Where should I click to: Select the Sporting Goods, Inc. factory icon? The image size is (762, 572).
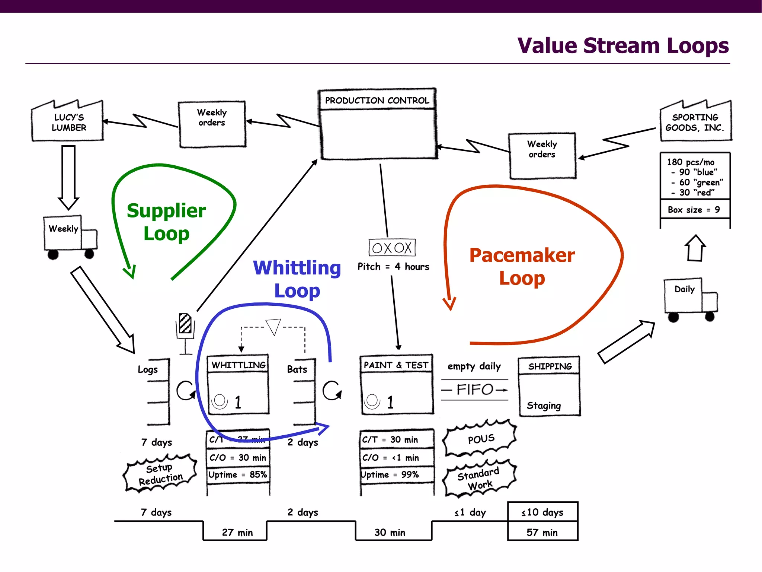pos(695,121)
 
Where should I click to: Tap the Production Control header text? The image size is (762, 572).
pos(377,100)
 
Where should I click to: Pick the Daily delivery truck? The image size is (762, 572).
pos(690,299)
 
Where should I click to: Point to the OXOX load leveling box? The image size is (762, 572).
pos(392,247)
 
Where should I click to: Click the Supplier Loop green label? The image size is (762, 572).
pos(166,222)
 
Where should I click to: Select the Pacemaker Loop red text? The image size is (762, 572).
pos(522,266)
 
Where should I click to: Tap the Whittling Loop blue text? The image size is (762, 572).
pos(297,279)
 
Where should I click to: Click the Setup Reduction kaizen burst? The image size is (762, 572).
pos(160,474)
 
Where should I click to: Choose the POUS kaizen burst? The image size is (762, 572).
pos(480,439)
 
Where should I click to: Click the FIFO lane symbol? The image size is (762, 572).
pos(475,390)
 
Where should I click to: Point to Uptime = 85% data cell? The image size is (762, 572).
pos(238,475)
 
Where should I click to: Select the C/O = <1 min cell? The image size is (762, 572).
pos(391,458)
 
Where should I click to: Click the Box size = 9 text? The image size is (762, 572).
pos(694,210)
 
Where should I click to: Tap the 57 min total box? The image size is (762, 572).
pos(542,532)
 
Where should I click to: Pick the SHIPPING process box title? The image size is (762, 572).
pos(550,366)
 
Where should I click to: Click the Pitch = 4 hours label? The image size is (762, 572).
pos(393,267)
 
